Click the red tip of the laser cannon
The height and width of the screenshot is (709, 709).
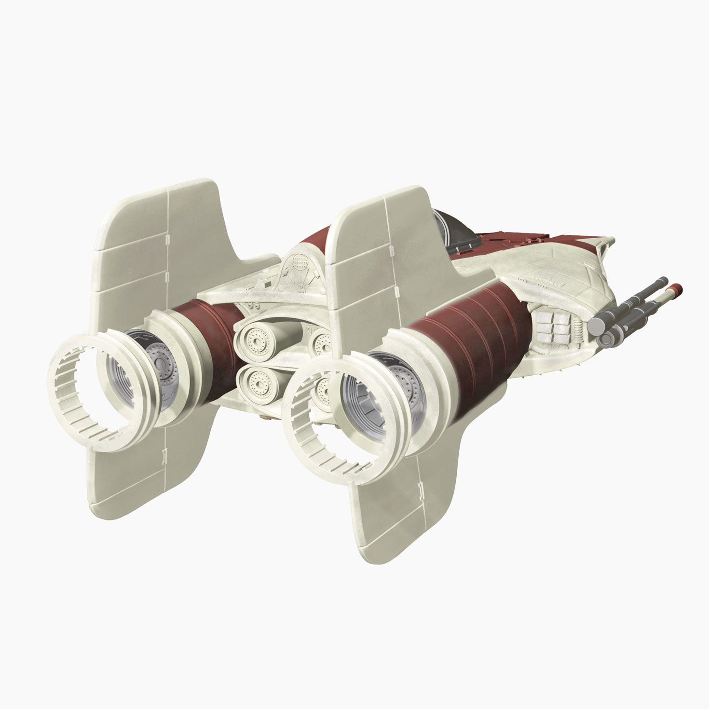[x=677, y=289]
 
